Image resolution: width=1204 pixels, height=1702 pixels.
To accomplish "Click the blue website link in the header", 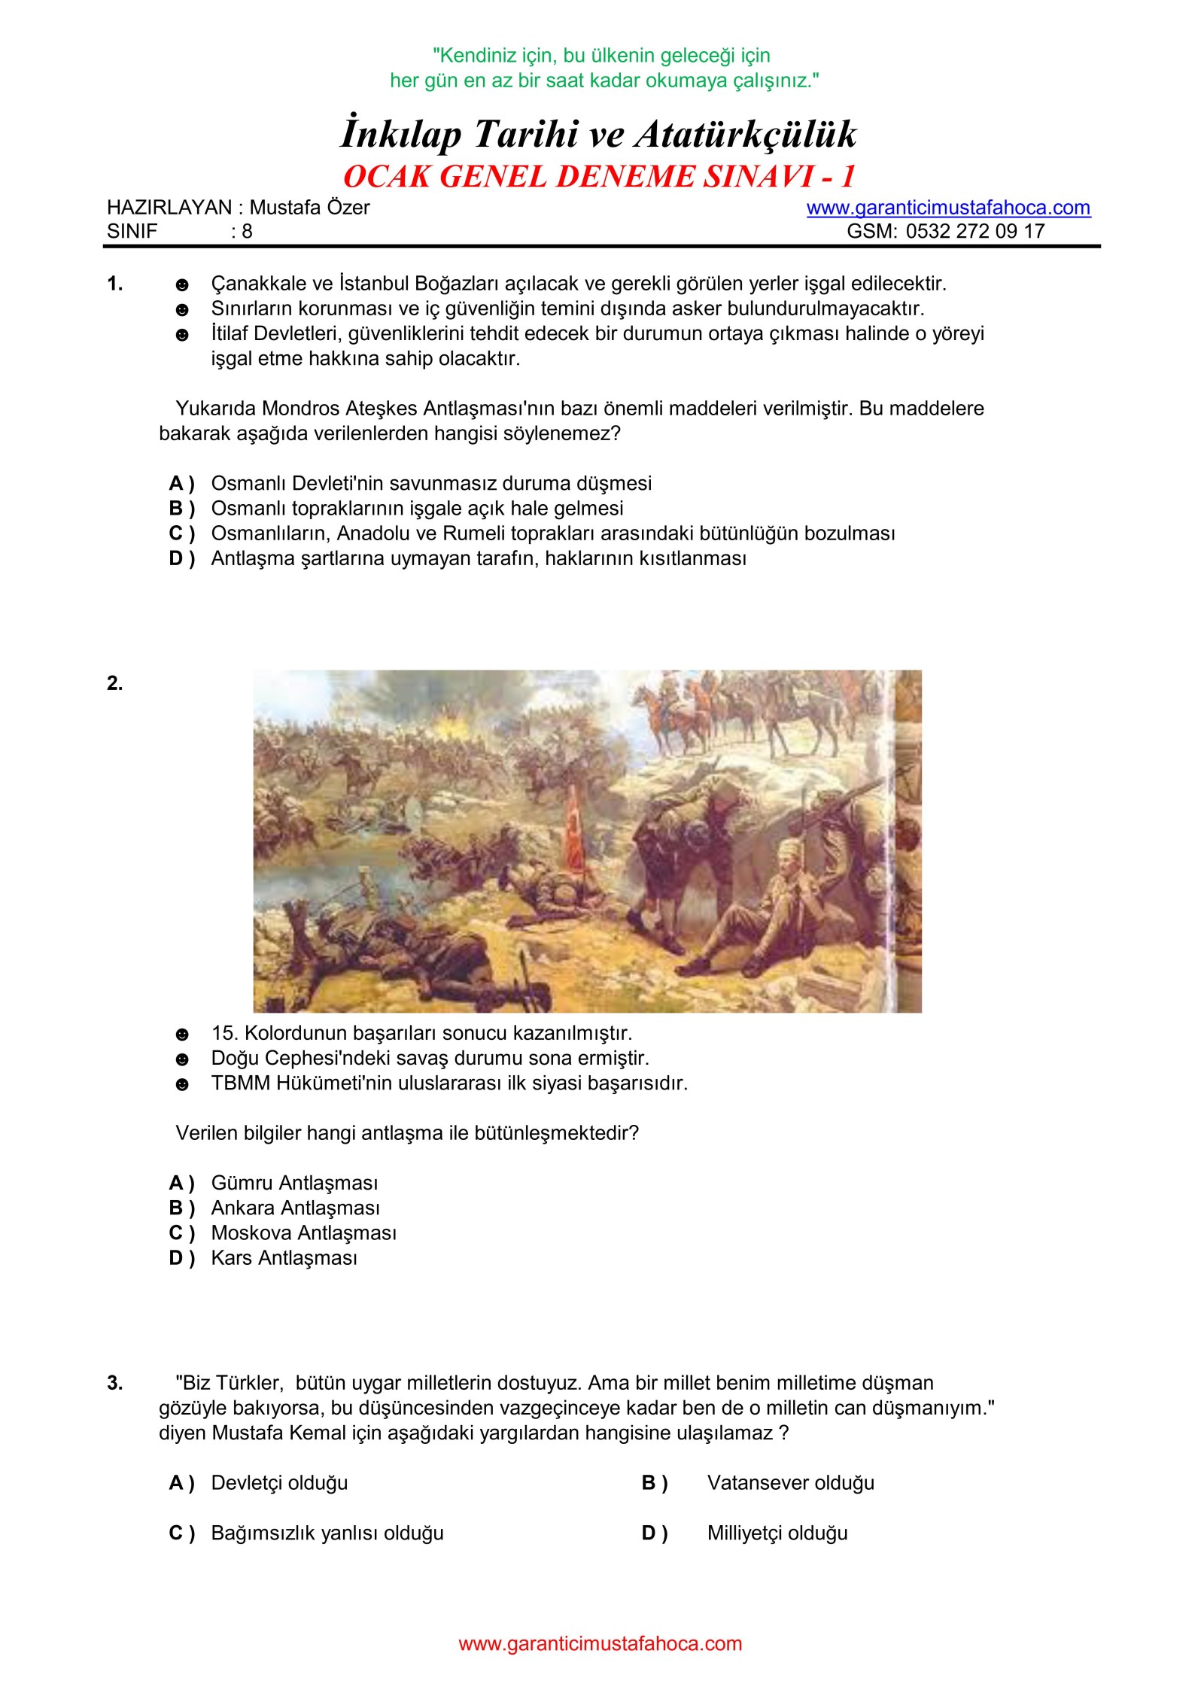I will (x=948, y=208).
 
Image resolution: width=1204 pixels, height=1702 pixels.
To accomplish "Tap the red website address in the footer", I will (x=600, y=1643).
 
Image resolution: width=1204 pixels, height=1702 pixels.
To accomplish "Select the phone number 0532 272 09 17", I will (x=975, y=231).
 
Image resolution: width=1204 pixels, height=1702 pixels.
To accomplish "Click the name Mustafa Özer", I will (x=309, y=208).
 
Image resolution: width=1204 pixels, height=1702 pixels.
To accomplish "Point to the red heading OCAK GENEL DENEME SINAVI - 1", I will (x=599, y=176).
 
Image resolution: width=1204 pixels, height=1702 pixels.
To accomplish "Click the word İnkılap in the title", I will (x=400, y=135).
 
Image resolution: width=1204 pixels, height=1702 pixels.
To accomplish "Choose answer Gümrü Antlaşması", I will (x=294, y=1183).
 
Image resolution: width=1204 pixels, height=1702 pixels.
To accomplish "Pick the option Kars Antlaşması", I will (x=284, y=1258).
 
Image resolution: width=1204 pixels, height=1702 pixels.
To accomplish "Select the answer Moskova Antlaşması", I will (x=303, y=1232).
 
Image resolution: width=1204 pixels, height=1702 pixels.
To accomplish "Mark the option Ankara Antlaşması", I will (x=295, y=1208).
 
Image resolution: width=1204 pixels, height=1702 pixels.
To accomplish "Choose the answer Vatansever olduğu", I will (x=790, y=1482).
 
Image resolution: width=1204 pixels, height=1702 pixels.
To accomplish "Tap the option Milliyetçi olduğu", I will (x=777, y=1533).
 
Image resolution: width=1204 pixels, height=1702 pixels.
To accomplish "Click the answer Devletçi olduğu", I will (x=279, y=1482).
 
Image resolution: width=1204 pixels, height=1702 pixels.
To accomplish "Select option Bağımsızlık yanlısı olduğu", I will (x=327, y=1533).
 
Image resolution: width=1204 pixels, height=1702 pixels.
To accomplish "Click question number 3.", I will (x=114, y=1383).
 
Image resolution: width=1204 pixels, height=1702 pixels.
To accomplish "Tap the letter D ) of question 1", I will (x=181, y=558).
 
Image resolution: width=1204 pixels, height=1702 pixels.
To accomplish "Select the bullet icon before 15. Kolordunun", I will (x=182, y=1034).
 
